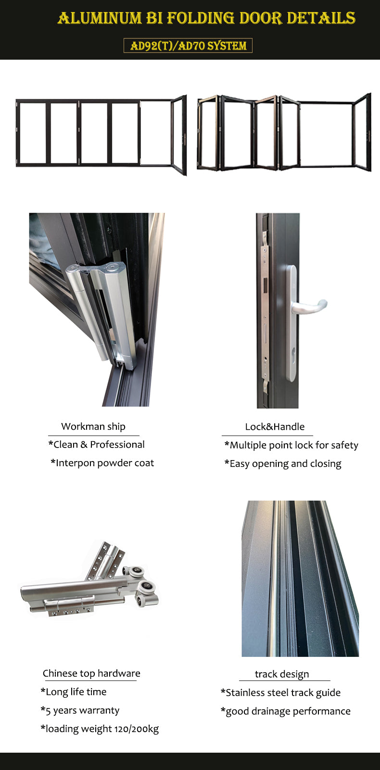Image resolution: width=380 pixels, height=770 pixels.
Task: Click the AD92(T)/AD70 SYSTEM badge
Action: pyautogui.click(x=188, y=45)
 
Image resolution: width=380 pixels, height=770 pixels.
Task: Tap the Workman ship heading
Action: pyautogui.click(x=93, y=426)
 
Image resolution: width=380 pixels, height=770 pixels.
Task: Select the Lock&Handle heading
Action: pyautogui.click(x=275, y=427)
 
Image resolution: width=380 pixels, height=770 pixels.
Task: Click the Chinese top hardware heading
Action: pyautogui.click(x=91, y=673)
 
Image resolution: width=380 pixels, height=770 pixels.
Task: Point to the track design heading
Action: pyautogui.click(x=282, y=674)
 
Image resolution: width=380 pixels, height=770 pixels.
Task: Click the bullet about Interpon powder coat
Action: pyautogui.click(x=102, y=463)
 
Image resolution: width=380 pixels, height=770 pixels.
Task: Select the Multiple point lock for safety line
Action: pyautogui.click(x=291, y=445)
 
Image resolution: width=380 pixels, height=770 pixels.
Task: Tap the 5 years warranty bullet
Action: pyautogui.click(x=80, y=710)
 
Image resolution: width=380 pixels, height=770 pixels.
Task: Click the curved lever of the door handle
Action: pyautogui.click(x=311, y=306)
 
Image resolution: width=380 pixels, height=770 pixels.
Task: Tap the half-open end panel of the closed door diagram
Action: pyautogui.click(x=179, y=135)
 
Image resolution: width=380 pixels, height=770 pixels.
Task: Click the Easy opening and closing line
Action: pyautogui.click(x=283, y=464)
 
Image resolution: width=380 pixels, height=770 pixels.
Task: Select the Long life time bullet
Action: pyautogui.click(x=73, y=692)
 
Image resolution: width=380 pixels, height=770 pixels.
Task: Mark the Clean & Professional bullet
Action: pyautogui.click(x=96, y=445)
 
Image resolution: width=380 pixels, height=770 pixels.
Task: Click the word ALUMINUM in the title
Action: pyautogui.click(x=100, y=18)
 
